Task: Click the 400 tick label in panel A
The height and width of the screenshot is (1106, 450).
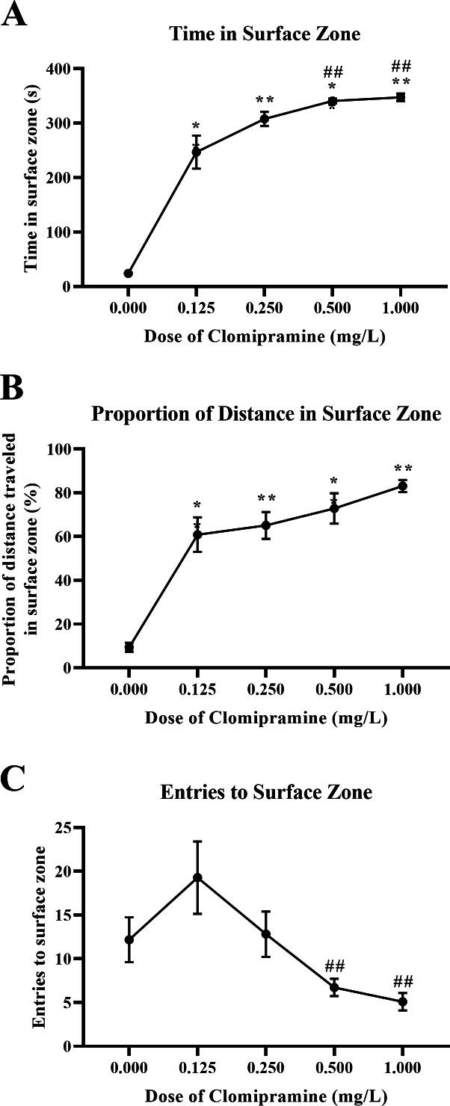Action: tap(58, 69)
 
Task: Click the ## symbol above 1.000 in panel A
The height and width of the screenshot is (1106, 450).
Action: tap(401, 67)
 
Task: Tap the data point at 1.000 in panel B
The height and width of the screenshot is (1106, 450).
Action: tap(402, 486)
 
